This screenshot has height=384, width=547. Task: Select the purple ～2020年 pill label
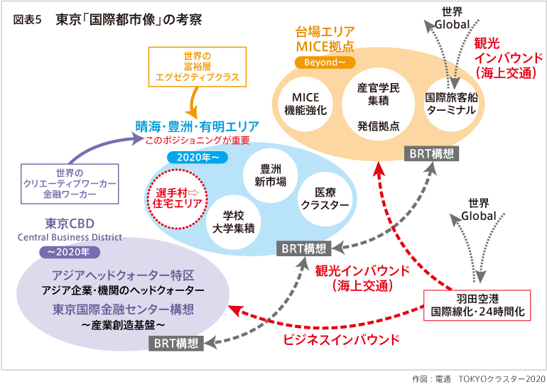coord(68,251)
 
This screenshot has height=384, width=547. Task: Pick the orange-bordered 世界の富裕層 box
coord(197,67)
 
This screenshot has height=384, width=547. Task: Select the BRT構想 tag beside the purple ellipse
coord(177,344)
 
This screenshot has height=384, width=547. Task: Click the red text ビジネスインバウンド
coord(341,339)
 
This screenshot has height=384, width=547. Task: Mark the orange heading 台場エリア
coord(325,32)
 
